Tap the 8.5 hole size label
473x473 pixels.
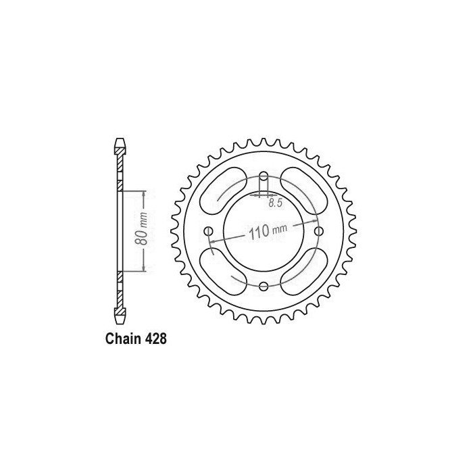[275, 202]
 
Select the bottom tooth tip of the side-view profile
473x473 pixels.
[119, 322]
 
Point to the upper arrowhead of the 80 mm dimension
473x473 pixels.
[144, 193]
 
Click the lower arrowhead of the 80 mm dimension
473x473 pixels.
[144, 270]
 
